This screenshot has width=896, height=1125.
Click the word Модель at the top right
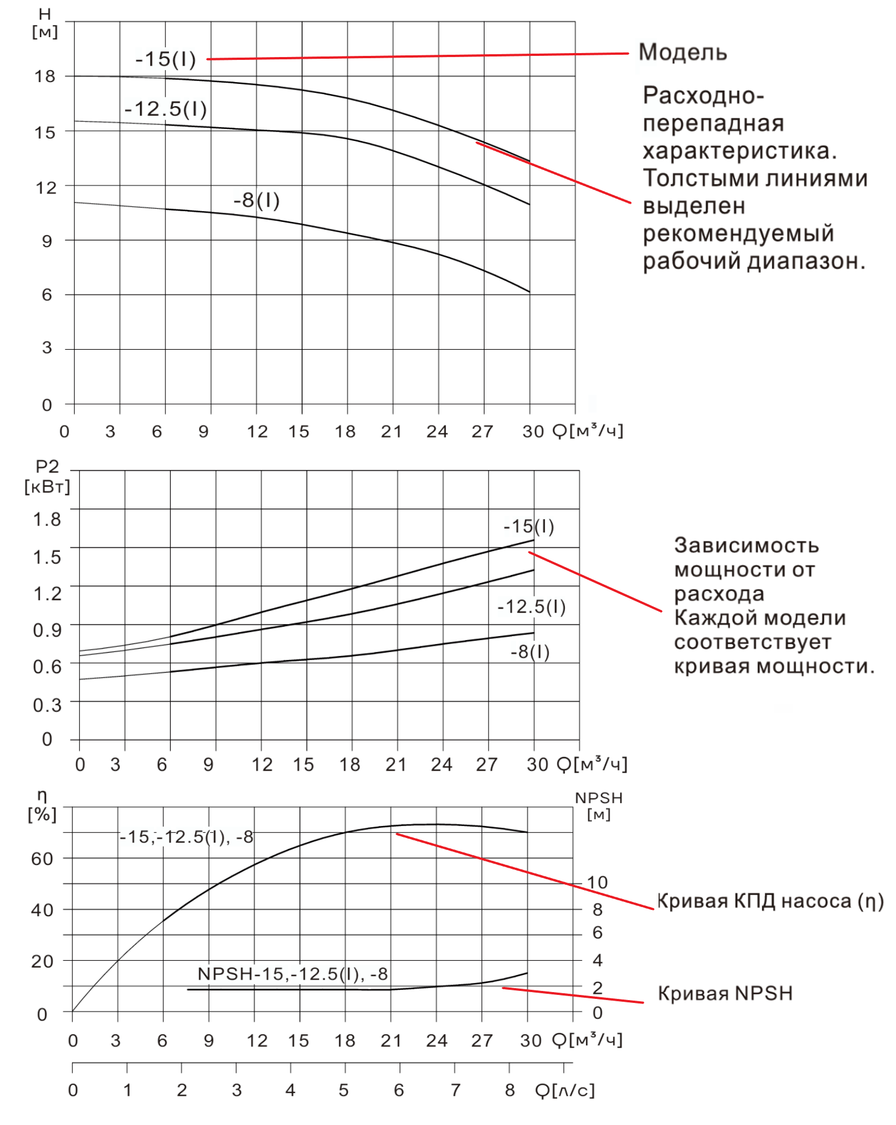(x=682, y=52)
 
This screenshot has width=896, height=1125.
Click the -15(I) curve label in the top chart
(x=166, y=59)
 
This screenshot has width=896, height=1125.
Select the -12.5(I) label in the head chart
(x=166, y=108)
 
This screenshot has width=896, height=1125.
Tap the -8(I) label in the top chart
(x=256, y=200)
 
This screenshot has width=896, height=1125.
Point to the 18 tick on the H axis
(x=45, y=76)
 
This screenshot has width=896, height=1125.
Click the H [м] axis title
(x=45, y=23)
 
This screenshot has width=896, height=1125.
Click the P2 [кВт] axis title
(x=47, y=476)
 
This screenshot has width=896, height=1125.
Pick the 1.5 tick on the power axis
(x=47, y=557)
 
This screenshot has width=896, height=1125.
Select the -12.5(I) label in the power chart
(x=531, y=606)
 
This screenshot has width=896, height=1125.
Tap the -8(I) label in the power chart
(x=530, y=651)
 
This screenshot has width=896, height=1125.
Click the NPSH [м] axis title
(x=598, y=805)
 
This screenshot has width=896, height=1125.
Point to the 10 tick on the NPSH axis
(x=597, y=883)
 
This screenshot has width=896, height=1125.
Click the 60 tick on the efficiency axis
(x=42, y=859)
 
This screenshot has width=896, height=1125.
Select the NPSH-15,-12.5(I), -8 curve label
(x=292, y=974)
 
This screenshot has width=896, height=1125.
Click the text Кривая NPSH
(x=725, y=993)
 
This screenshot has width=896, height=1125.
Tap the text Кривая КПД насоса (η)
(x=770, y=901)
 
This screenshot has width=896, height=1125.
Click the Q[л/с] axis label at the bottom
(x=564, y=1090)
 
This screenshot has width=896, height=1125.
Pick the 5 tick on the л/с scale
(x=344, y=1090)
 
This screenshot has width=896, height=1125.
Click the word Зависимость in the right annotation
(x=746, y=545)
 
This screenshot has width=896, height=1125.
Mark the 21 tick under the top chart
(x=391, y=431)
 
